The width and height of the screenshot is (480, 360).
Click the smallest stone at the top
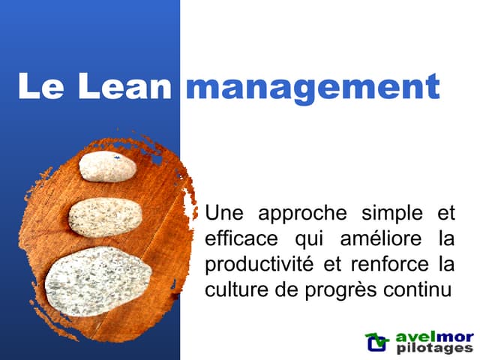[x=107, y=166]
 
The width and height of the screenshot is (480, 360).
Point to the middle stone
[x=105, y=217]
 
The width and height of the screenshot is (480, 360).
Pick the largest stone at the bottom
[x=98, y=280]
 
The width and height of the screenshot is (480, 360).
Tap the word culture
[x=233, y=290]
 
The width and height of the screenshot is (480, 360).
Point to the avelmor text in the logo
[x=433, y=337]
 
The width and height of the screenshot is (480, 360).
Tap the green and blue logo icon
[x=376, y=342]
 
